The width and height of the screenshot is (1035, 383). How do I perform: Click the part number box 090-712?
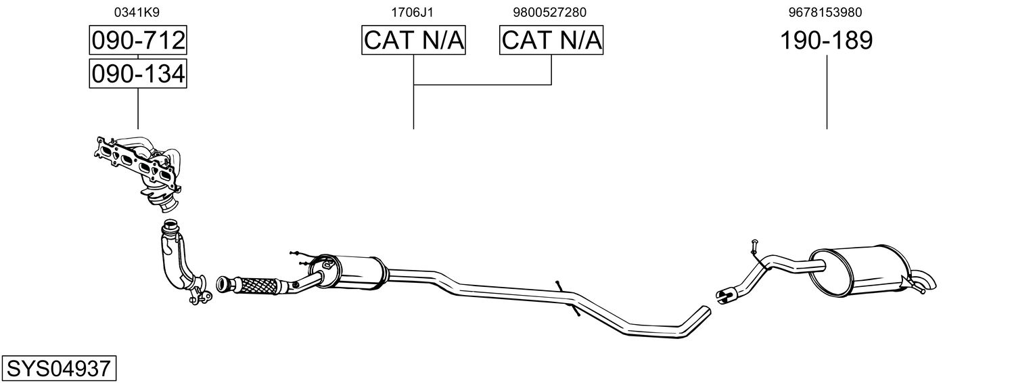[x=138, y=41]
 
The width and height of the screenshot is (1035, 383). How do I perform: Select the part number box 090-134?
[x=138, y=73]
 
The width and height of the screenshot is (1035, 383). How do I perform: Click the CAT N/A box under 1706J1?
[x=413, y=41]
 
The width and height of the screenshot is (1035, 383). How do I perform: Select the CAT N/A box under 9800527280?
[x=551, y=41]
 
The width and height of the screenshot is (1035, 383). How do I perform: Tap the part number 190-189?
[x=826, y=41]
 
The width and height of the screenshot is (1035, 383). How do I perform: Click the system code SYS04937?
[x=58, y=369]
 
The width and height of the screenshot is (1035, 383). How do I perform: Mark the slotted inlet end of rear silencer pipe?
[x=724, y=294]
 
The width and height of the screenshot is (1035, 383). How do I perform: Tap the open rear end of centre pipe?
[x=704, y=312]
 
